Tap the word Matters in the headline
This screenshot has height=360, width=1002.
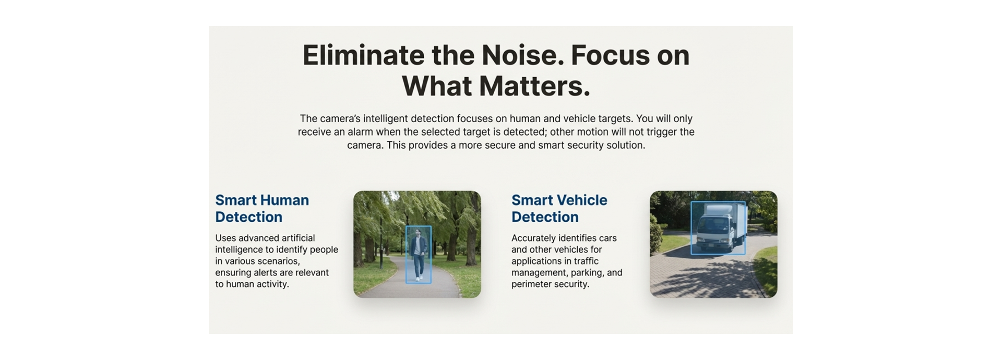point(535,86)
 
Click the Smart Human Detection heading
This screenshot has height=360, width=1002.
point(262,208)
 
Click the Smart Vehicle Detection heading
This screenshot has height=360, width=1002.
point(559,208)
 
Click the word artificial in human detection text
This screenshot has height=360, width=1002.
point(295,238)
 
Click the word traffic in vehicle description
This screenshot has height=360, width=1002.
point(586,261)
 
